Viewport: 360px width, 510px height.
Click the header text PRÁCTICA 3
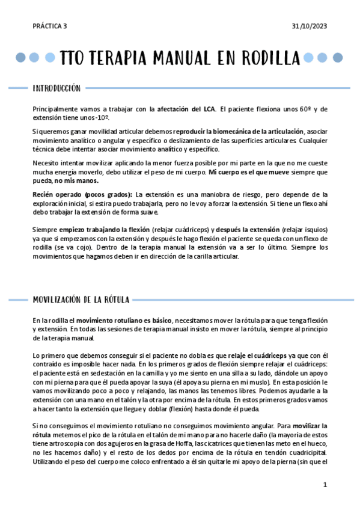[50, 26]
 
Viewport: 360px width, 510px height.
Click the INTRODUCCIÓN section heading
[56, 88]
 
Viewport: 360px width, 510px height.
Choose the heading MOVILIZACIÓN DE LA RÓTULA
[81, 299]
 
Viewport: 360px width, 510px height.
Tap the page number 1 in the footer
[325, 484]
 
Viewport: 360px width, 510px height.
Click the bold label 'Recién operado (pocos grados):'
[82, 194]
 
